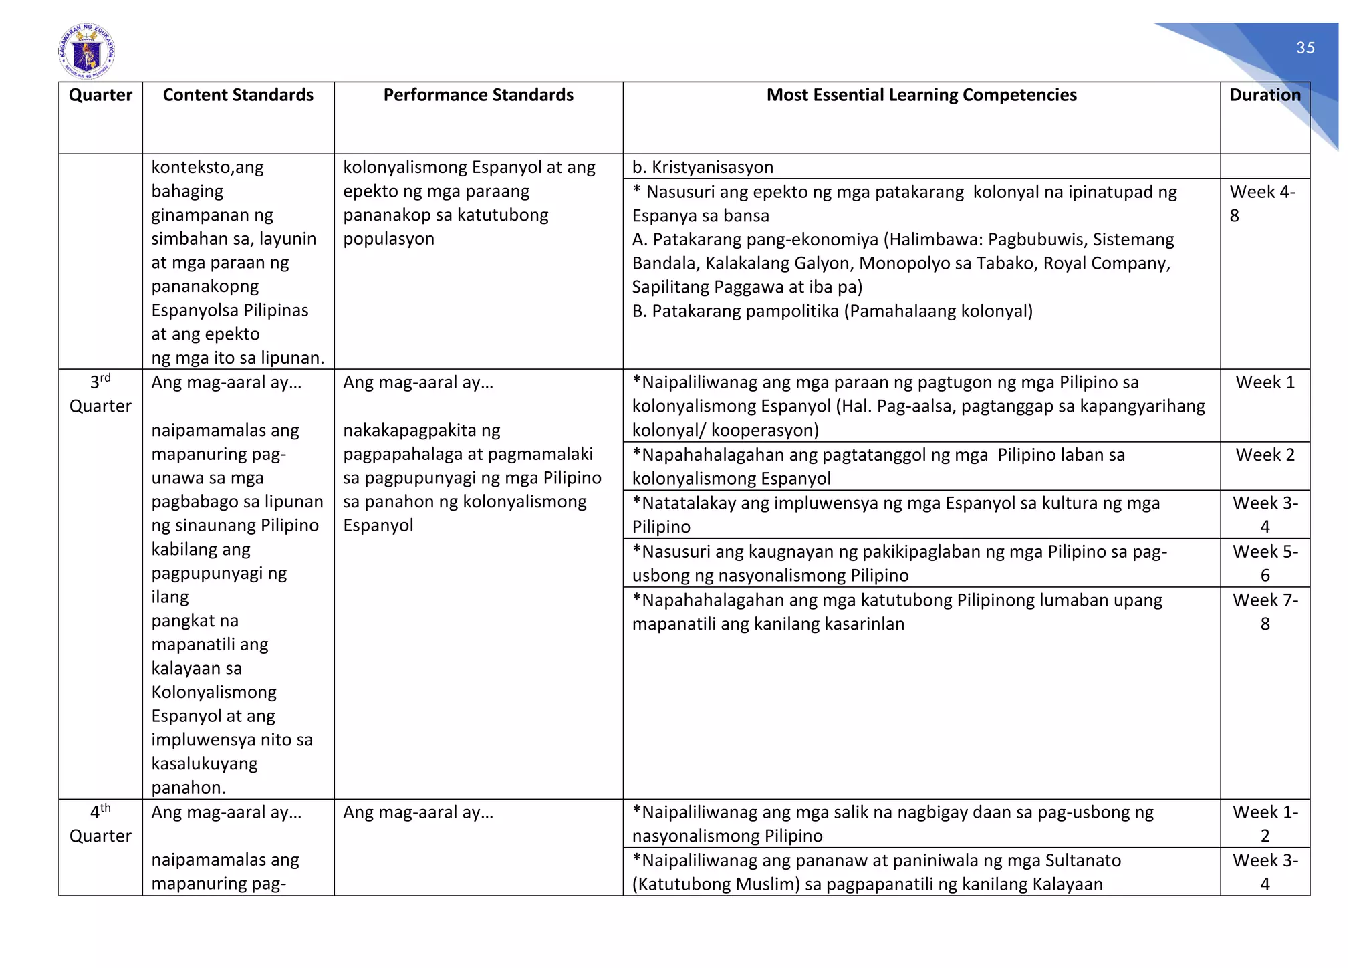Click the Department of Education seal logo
pos(86,51)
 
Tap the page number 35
pos(1305,48)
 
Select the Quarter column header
pos(100,95)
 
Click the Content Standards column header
pos(238,95)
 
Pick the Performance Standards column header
pos(478,95)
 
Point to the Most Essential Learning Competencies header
pos(921,95)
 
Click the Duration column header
pos(1265,95)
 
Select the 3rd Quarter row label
pos(100,394)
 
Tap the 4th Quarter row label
pos(100,824)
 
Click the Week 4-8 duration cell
pos(1262,203)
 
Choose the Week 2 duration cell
pos(1265,455)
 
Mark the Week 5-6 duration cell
pos(1265,563)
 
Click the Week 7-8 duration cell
pos(1265,612)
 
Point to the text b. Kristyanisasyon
pos(703,167)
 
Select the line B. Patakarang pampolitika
pos(832,311)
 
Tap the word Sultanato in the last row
pos(1083,860)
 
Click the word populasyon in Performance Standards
pos(388,239)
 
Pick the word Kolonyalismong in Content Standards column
pos(214,692)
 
